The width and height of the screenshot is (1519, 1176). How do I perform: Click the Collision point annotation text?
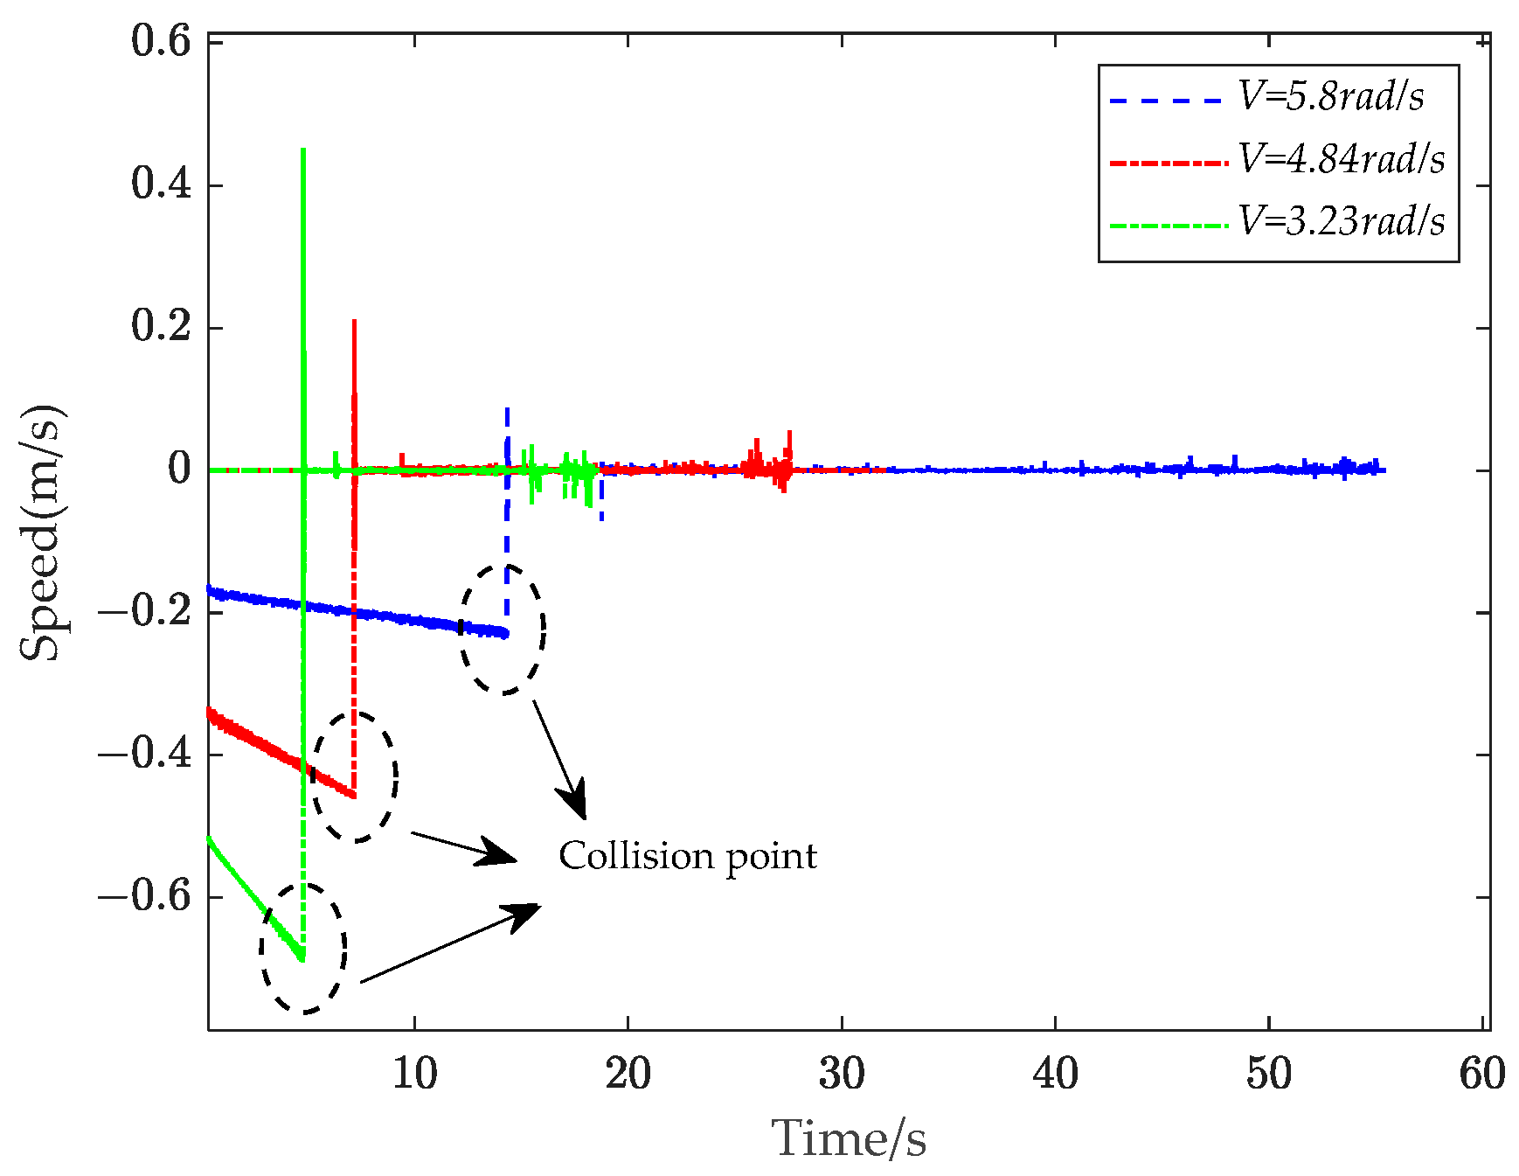pos(688,856)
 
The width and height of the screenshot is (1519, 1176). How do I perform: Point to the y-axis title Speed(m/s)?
pos(42,532)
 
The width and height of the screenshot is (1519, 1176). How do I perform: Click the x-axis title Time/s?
pos(848,1139)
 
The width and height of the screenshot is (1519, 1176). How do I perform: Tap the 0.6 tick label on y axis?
pos(162,41)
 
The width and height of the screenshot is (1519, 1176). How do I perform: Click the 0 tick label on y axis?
pos(179,470)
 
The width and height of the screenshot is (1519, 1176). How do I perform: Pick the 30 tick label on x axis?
pos(842,1074)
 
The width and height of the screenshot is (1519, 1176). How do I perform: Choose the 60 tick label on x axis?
pos(1482,1074)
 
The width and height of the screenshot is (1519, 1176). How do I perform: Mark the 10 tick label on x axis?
pos(414,1074)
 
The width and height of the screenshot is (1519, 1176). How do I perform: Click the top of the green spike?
pos(303,151)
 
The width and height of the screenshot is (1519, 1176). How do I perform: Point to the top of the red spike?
pos(354,322)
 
